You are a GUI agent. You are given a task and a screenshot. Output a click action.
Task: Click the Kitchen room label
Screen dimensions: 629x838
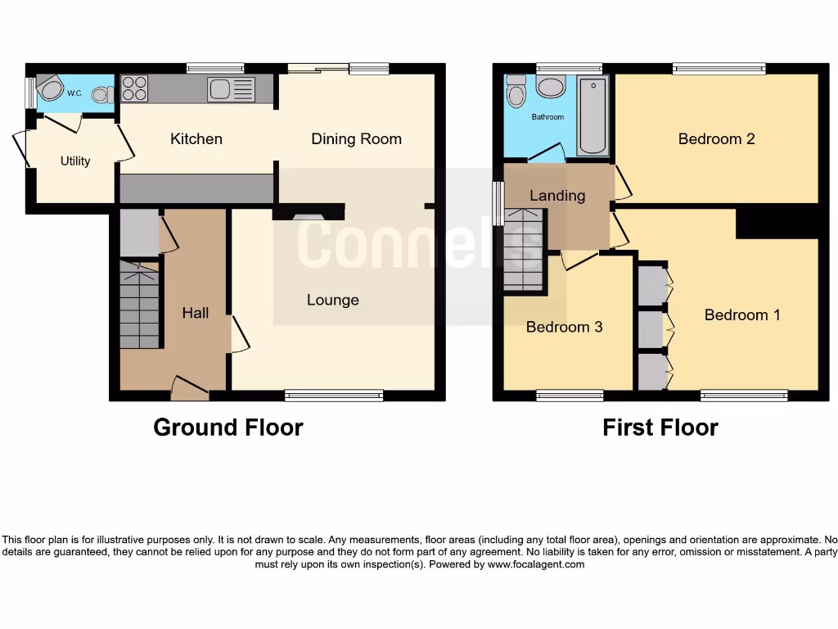[196, 138]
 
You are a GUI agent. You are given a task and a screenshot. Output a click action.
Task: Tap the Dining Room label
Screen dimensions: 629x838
[356, 138]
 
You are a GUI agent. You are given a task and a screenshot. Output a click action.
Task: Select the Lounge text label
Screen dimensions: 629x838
[333, 300]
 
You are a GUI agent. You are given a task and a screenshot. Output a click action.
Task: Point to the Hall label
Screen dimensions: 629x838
[195, 312]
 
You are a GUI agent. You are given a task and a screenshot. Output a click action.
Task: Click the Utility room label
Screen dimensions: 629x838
[75, 161]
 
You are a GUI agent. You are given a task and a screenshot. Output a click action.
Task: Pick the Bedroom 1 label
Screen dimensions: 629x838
[741, 314]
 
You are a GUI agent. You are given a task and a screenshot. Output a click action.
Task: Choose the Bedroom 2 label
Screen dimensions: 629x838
[716, 138]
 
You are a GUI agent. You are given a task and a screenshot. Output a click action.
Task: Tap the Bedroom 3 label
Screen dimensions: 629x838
[564, 327]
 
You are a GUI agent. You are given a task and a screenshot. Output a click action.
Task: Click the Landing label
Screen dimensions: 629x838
[557, 195]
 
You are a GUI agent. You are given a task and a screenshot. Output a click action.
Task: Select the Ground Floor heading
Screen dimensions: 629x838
[228, 427]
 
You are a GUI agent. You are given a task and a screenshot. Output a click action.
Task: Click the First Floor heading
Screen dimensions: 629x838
[660, 427]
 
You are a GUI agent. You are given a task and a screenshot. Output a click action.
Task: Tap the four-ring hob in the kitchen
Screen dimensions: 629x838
[134, 88]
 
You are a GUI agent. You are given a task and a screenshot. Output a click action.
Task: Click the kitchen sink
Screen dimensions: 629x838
[219, 88]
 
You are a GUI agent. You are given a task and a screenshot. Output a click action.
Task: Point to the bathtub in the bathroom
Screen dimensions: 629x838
[592, 116]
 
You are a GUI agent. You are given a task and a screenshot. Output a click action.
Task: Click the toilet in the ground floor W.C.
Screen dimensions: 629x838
[102, 94]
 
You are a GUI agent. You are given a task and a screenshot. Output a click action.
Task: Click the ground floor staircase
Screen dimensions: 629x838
[139, 303]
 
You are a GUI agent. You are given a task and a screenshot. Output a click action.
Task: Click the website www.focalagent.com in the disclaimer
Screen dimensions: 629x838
[534, 564]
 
